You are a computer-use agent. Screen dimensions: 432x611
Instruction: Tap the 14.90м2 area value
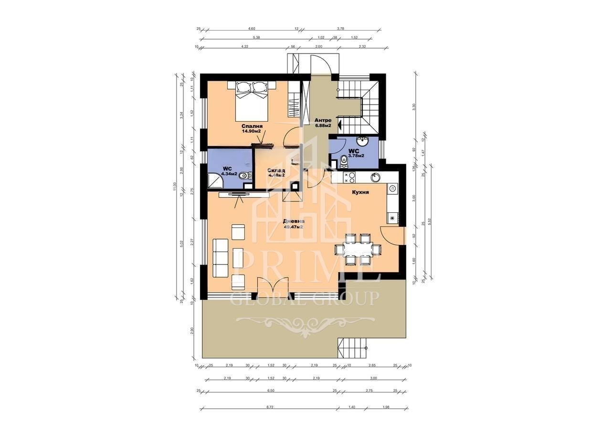point(252,130)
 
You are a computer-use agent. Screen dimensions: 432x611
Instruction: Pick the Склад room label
point(276,170)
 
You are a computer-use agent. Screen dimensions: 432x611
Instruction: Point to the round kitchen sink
point(376,177)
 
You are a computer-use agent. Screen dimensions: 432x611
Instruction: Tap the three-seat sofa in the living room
point(220,258)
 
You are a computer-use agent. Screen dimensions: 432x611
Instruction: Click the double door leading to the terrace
point(273,288)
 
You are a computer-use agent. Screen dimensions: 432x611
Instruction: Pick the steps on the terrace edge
point(353,348)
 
